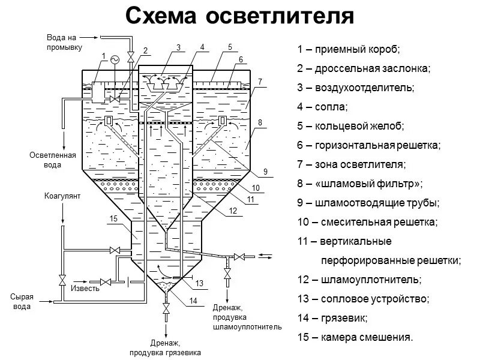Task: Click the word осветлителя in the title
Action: pyautogui.click(x=279, y=16)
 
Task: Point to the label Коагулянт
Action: pyautogui.click(x=62, y=196)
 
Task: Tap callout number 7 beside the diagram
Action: pyautogui.click(x=260, y=81)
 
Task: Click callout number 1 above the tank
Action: pyautogui.click(x=103, y=56)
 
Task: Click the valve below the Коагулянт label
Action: pyautogui.click(x=62, y=280)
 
